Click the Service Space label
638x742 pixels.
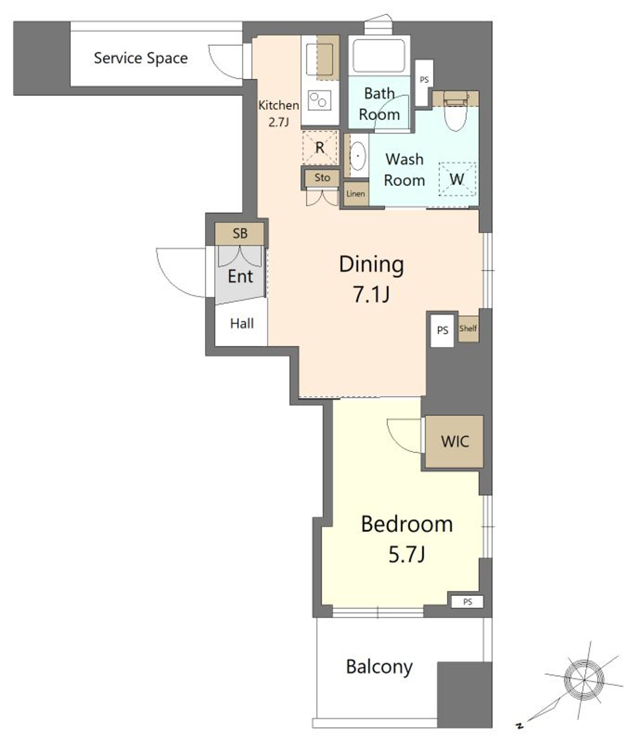pyautogui.click(x=141, y=58)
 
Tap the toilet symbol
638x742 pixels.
pyautogui.click(x=455, y=111)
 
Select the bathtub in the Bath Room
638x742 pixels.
pyautogui.click(x=379, y=55)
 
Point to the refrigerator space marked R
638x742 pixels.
pyautogui.click(x=320, y=147)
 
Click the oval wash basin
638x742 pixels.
pyautogui.click(x=358, y=156)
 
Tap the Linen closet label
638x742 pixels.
pyautogui.click(x=355, y=194)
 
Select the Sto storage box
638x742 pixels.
pyautogui.click(x=322, y=178)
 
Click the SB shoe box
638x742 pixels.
pyautogui.click(x=240, y=234)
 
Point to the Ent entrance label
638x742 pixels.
pyautogui.click(x=240, y=276)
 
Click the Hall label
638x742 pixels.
pyautogui.click(x=242, y=324)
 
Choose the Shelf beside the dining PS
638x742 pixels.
pyautogui.click(x=468, y=328)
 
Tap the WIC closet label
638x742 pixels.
pyautogui.click(x=455, y=441)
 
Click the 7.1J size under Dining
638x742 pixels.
pyautogui.click(x=371, y=294)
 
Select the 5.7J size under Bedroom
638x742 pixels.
pyautogui.click(x=407, y=554)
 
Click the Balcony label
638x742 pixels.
pyautogui.click(x=379, y=667)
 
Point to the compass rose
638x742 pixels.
pyautogui.click(x=583, y=680)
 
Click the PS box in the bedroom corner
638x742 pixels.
pyautogui.click(x=467, y=602)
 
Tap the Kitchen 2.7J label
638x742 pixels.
pyautogui.click(x=279, y=113)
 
